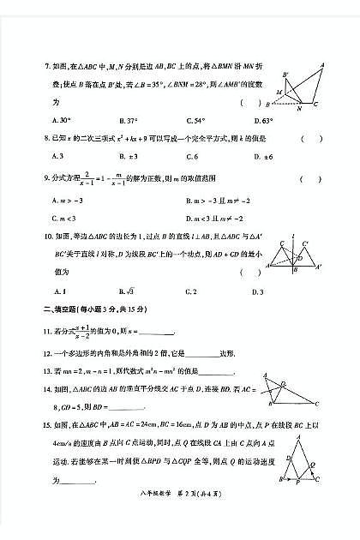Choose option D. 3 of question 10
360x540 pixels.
coord(256,291)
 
